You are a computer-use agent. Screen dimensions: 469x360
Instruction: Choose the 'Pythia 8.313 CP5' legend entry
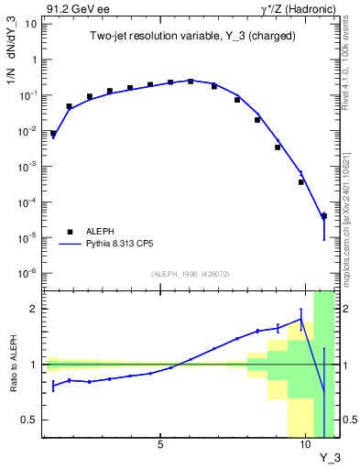point(102,245)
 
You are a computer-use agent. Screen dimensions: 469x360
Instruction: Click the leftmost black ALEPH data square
point(53,134)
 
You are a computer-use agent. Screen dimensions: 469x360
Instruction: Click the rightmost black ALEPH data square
point(324,216)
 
